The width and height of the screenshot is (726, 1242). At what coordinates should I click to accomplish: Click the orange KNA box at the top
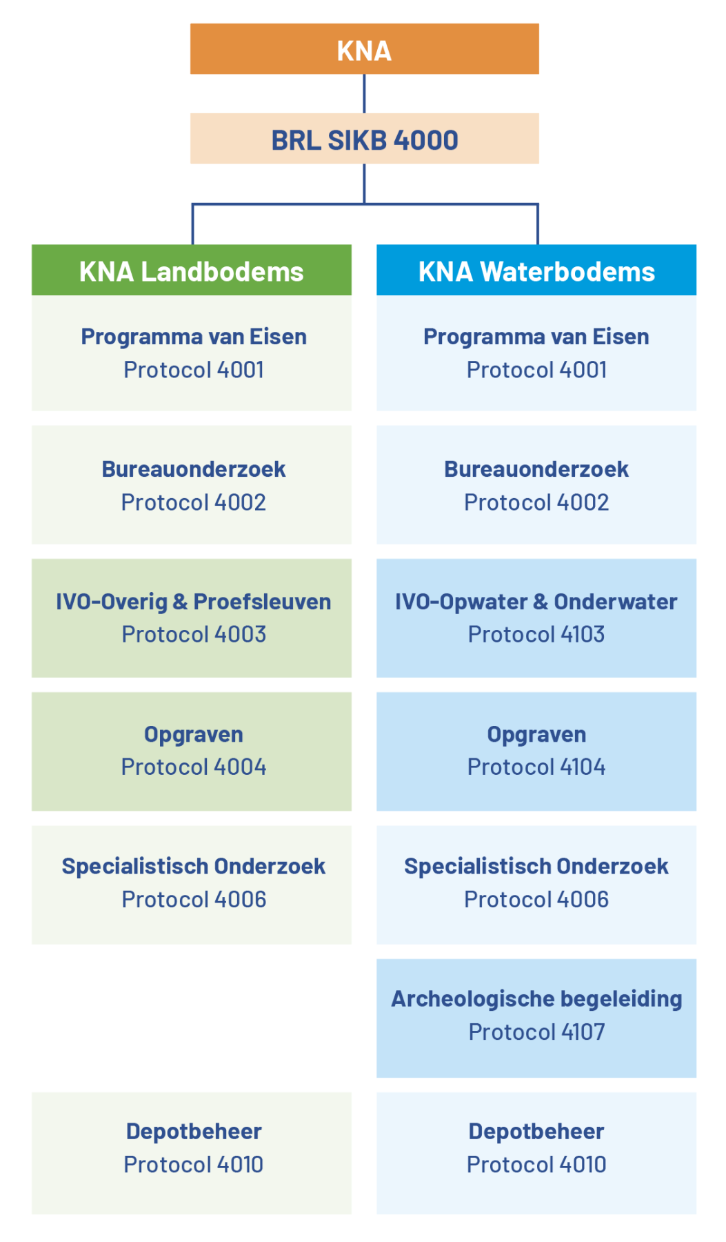(x=364, y=49)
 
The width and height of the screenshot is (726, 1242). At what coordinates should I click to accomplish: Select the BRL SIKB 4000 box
(x=364, y=139)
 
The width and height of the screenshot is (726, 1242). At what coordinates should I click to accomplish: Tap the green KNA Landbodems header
(x=192, y=270)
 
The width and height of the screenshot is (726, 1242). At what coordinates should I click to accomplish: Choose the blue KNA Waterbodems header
(x=536, y=270)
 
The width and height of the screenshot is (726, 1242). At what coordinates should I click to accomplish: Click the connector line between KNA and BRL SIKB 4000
(x=364, y=94)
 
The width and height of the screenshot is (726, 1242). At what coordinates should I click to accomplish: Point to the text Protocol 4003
(x=194, y=634)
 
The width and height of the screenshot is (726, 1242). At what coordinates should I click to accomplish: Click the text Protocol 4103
(x=536, y=634)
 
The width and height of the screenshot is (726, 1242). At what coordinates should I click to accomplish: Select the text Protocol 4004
(x=194, y=767)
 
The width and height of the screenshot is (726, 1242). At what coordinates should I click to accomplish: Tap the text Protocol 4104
(x=536, y=767)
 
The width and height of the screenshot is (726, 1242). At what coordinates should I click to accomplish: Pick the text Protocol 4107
(x=536, y=1032)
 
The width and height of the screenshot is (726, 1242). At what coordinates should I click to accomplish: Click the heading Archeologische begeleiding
(x=536, y=999)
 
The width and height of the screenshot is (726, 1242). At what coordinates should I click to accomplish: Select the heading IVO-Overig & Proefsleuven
(x=194, y=602)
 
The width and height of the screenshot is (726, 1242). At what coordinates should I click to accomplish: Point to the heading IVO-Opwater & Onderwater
(x=536, y=602)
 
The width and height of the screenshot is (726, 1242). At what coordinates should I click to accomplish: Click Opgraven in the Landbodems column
(x=194, y=735)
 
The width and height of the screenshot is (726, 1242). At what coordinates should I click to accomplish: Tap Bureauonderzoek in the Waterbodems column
(x=536, y=469)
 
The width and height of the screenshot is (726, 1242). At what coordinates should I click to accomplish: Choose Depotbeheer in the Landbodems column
(x=194, y=1132)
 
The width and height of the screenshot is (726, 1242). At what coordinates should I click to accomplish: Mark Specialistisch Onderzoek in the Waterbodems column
(x=536, y=866)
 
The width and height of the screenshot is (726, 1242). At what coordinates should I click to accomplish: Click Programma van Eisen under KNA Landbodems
(x=194, y=337)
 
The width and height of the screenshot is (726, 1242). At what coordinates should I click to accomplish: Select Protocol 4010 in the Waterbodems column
(x=536, y=1164)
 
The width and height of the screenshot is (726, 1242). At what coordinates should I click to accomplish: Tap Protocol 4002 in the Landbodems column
(x=194, y=502)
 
